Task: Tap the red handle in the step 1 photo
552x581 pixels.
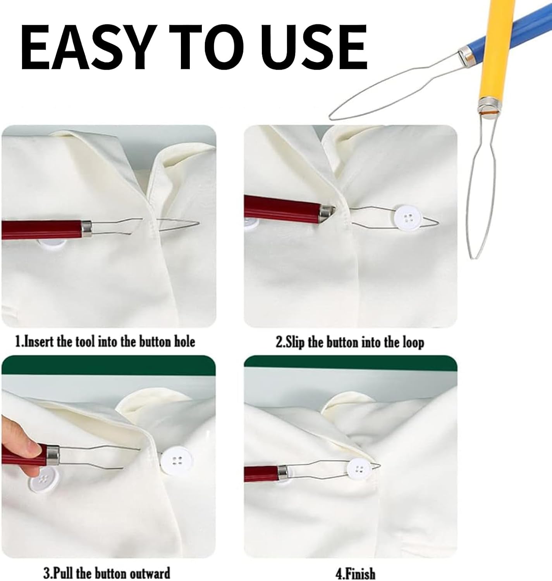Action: pyautogui.click(x=42, y=229)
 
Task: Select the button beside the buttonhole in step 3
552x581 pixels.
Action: pyautogui.click(x=176, y=461)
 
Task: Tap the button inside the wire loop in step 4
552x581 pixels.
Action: pyautogui.click(x=359, y=469)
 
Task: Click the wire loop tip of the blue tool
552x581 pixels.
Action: pyautogui.click(x=331, y=117)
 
